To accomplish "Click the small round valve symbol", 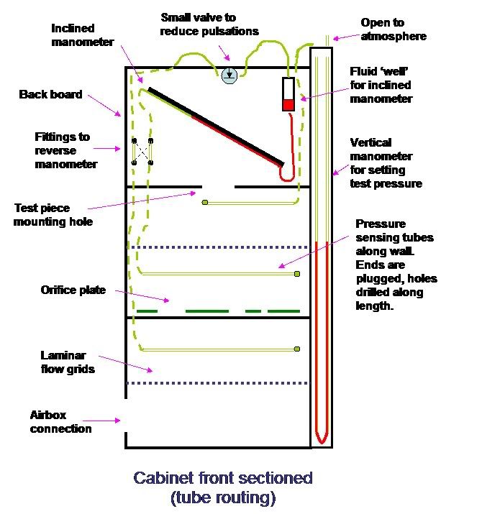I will click(x=229, y=75).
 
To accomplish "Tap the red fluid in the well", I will click(x=288, y=105).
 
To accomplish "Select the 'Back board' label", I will click(x=50, y=94).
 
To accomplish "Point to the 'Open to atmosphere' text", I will click(x=393, y=29).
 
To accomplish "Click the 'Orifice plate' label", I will click(x=73, y=290).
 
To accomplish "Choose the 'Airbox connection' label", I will click(x=60, y=422).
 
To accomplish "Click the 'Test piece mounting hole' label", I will click(x=53, y=214).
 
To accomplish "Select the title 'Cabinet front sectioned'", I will click(x=223, y=478).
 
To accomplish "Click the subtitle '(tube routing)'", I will click(x=223, y=497).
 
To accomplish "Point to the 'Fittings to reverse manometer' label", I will click(x=65, y=150).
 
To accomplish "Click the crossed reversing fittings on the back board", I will click(x=142, y=152).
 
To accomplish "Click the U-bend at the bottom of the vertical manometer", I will click(x=321, y=435).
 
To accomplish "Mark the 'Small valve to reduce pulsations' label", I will click(x=209, y=23).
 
